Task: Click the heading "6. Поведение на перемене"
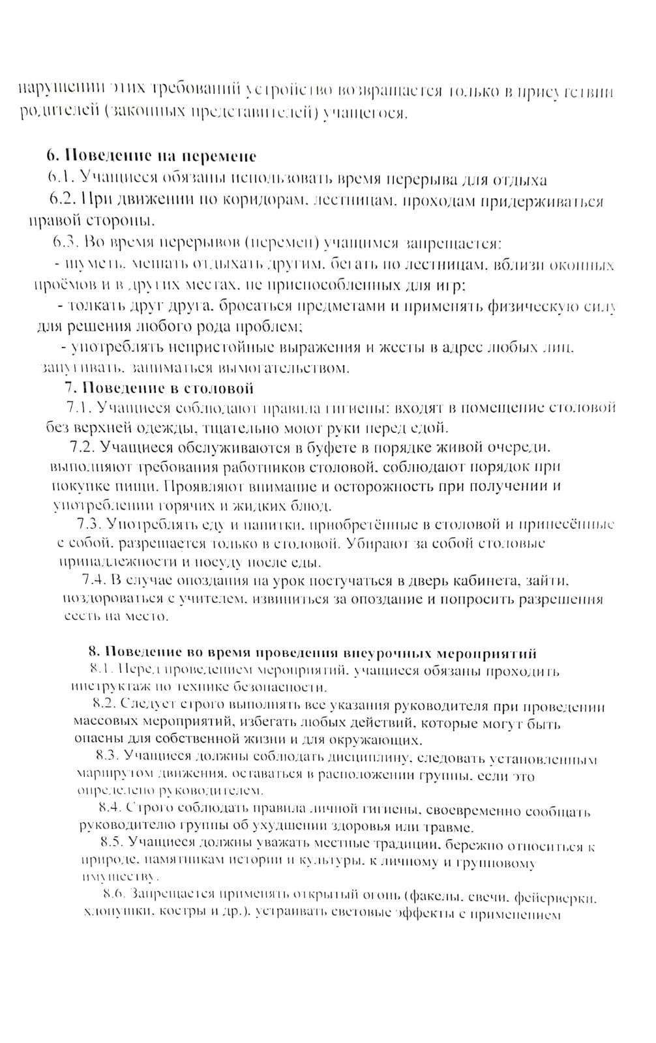(x=151, y=156)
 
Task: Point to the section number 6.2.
(x=63, y=200)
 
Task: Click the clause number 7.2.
(x=82, y=447)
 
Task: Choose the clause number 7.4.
(x=94, y=580)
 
